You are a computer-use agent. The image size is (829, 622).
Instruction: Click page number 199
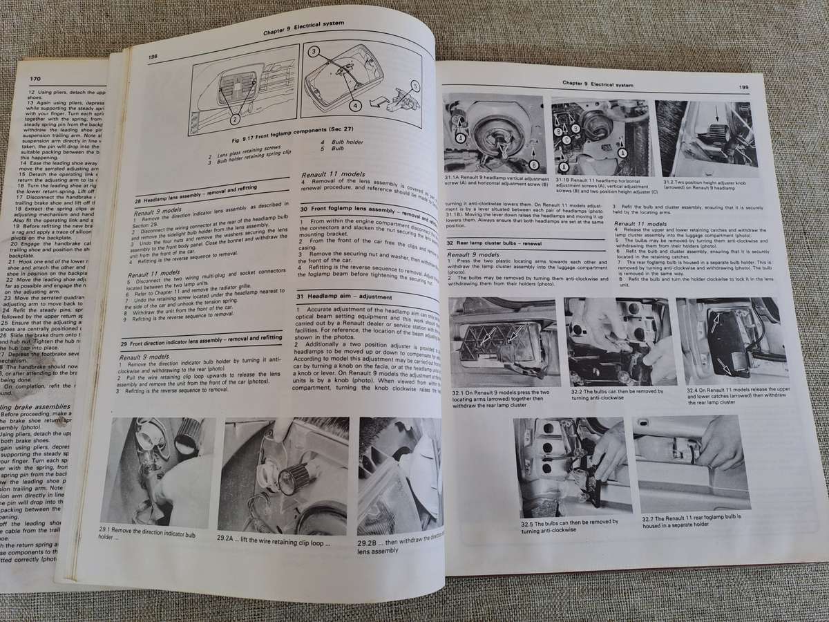(743, 87)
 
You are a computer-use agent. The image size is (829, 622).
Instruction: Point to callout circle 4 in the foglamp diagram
(355, 106)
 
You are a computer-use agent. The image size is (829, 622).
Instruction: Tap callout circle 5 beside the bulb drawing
(414, 86)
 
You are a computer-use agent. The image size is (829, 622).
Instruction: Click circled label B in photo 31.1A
(534, 164)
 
